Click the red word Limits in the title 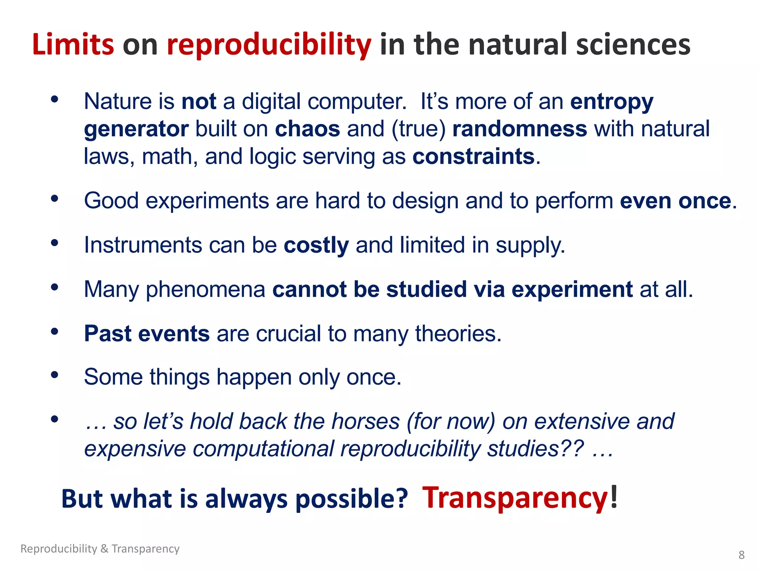[x=73, y=45]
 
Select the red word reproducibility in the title [x=269, y=45]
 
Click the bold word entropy [x=611, y=102]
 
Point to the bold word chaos [x=307, y=129]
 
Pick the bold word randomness [x=520, y=129]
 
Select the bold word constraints [x=473, y=156]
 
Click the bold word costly [x=316, y=246]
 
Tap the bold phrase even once [x=675, y=201]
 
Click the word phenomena [x=206, y=289]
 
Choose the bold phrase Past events [x=147, y=333]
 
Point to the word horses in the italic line [x=365, y=422]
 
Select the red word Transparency [x=515, y=498]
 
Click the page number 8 [x=741, y=555]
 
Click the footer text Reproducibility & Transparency [x=100, y=548]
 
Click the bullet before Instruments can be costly [x=55, y=243]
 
